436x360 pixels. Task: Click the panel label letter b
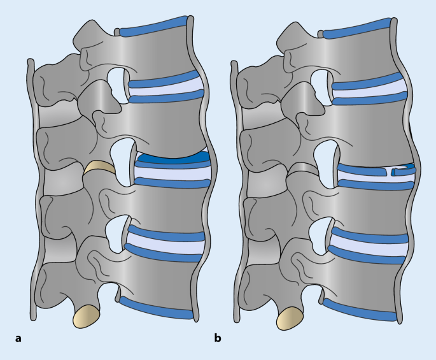tap(218, 338)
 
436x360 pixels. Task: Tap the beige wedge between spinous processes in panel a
tap(99, 168)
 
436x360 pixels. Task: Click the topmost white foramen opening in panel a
tap(117, 83)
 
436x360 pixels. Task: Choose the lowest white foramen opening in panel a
tap(118, 233)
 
